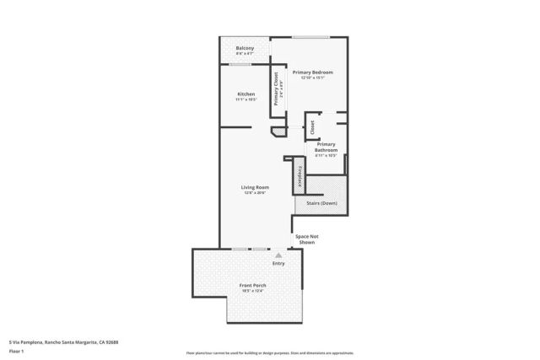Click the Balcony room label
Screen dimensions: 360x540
tap(246, 48)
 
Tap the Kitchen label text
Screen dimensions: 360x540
tap(246, 94)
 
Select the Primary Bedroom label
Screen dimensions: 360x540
tap(313, 73)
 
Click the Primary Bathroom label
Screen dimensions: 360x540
tap(327, 147)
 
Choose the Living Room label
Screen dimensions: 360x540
tap(255, 187)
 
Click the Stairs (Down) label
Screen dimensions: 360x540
tap(321, 204)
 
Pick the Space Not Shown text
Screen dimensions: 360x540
tap(305, 239)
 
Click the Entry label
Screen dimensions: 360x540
tap(278, 263)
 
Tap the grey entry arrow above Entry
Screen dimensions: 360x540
tap(278, 255)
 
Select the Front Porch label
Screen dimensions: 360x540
tap(253, 285)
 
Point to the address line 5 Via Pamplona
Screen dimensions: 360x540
tap(63, 342)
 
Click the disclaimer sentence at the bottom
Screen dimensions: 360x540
tap(270, 352)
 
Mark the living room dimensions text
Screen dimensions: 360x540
tap(255, 193)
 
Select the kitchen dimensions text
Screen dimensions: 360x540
tap(246, 99)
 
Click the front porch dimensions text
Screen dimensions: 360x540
tap(253, 291)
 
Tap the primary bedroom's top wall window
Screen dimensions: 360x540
tap(310, 37)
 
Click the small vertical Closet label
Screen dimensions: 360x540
tap(312, 127)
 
